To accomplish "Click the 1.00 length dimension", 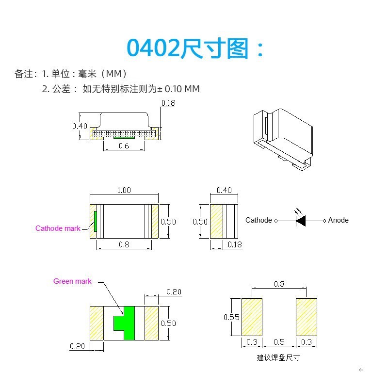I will [x=124, y=190].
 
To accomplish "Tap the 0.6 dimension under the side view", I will [x=124, y=145].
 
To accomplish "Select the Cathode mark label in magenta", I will [x=58, y=228].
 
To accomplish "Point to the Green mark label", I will [x=72, y=281].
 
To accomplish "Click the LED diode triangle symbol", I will [x=301, y=221].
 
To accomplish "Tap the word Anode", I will [x=338, y=220].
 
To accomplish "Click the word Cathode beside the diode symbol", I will [x=259, y=220].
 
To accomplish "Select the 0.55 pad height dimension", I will [x=231, y=317].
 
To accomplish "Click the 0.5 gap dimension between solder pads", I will [x=279, y=342].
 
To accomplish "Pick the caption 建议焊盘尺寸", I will [x=278, y=357].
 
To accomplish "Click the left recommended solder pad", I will [x=252, y=317].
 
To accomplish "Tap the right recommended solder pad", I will [x=307, y=317].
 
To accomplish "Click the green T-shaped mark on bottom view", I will [x=125, y=323].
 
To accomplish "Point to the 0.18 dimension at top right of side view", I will [x=168, y=103].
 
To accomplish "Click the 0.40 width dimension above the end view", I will [x=224, y=190].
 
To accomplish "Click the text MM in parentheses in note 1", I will [x=116, y=74].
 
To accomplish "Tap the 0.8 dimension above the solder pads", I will [x=279, y=284].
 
